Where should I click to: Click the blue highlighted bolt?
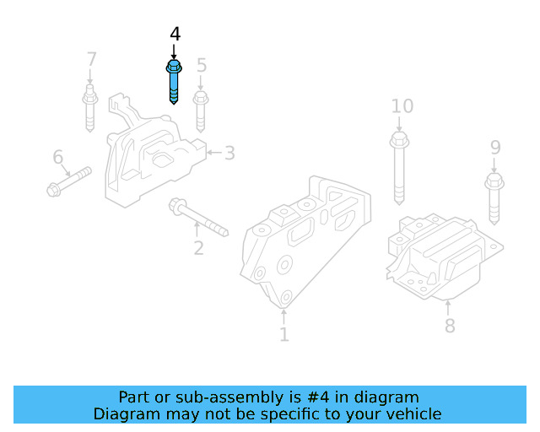click(x=174, y=82)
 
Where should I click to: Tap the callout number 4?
click(x=175, y=34)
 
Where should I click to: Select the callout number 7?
click(x=91, y=59)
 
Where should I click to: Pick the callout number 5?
click(x=202, y=65)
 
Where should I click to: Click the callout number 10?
click(x=402, y=106)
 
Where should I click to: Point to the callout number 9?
click(x=495, y=148)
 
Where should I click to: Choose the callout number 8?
click(x=450, y=326)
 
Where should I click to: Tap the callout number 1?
click(x=283, y=334)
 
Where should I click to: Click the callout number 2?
click(x=199, y=248)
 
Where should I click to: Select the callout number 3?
click(x=229, y=153)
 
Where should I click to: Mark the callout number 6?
click(x=58, y=157)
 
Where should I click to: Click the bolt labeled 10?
click(x=399, y=168)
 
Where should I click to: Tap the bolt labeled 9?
click(x=494, y=199)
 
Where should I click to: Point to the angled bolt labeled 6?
click(x=69, y=181)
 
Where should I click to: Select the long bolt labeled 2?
click(x=198, y=217)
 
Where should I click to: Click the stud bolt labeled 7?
click(x=90, y=108)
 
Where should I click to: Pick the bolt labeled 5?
click(x=201, y=111)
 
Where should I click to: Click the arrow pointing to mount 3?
click(x=213, y=152)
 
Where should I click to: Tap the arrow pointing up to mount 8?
click(x=448, y=308)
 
